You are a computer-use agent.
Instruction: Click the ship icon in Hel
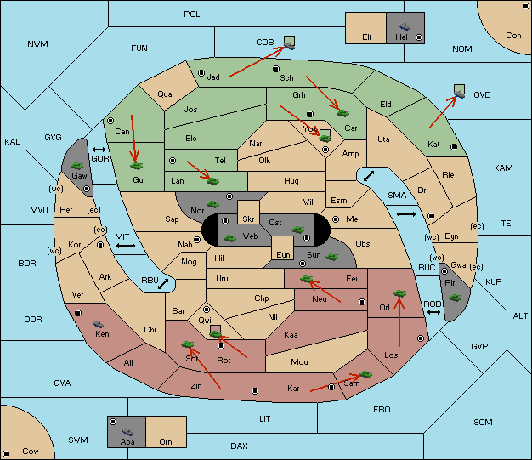[x=404, y=26]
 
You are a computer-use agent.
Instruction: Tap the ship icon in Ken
[x=99, y=324]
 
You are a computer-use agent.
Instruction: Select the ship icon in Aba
[x=127, y=432]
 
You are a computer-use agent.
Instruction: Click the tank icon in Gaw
[x=77, y=166]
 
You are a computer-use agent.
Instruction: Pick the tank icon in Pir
[x=455, y=298]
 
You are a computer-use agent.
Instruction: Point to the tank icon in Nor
[x=212, y=204]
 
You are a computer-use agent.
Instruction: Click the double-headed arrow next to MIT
[x=126, y=246]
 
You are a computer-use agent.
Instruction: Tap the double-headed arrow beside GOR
[x=99, y=150]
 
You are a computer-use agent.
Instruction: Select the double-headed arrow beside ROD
[x=433, y=312]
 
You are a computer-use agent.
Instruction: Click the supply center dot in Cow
[x=6, y=453]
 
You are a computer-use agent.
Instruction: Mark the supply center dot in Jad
[x=201, y=73]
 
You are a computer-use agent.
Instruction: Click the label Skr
[x=248, y=219]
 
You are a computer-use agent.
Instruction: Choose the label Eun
[x=283, y=254]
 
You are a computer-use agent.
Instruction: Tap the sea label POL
[x=192, y=14]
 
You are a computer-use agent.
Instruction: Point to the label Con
[x=513, y=36]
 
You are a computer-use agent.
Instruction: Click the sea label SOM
[x=483, y=422]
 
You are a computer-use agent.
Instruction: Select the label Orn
[x=166, y=441]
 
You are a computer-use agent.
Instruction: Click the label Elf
[x=367, y=37]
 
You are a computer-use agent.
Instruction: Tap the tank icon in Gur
[x=136, y=166]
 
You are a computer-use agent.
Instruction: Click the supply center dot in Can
[x=110, y=121]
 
